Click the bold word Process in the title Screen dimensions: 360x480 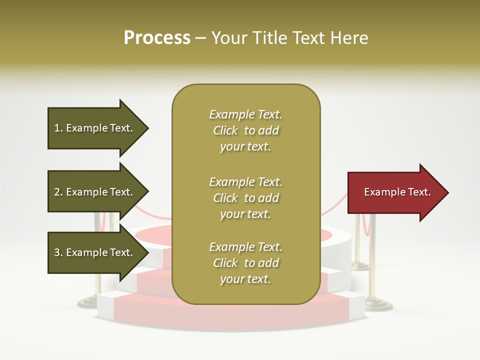[x=157, y=38]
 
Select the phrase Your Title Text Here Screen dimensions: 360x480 [x=289, y=38]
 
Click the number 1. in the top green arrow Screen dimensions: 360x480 [x=58, y=128]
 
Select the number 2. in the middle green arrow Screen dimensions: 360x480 [x=58, y=192]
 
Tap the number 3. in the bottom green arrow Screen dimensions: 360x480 [x=58, y=252]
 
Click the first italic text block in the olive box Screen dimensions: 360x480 [x=245, y=130]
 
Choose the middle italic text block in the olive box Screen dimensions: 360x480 [x=245, y=198]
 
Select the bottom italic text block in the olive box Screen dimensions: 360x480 [x=245, y=263]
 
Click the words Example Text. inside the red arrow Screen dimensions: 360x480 [x=397, y=192]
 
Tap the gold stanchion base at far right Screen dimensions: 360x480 [x=378, y=304]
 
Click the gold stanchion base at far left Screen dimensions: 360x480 [x=89, y=301]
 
